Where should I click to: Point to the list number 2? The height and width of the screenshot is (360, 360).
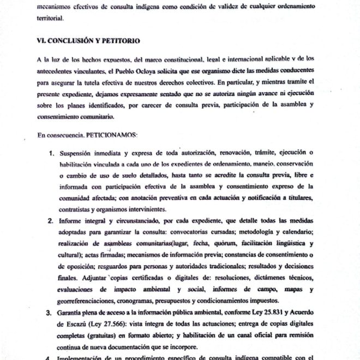(50, 221)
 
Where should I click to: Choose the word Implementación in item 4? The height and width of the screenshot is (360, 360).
(90, 358)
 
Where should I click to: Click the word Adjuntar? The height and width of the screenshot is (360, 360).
(77, 279)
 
